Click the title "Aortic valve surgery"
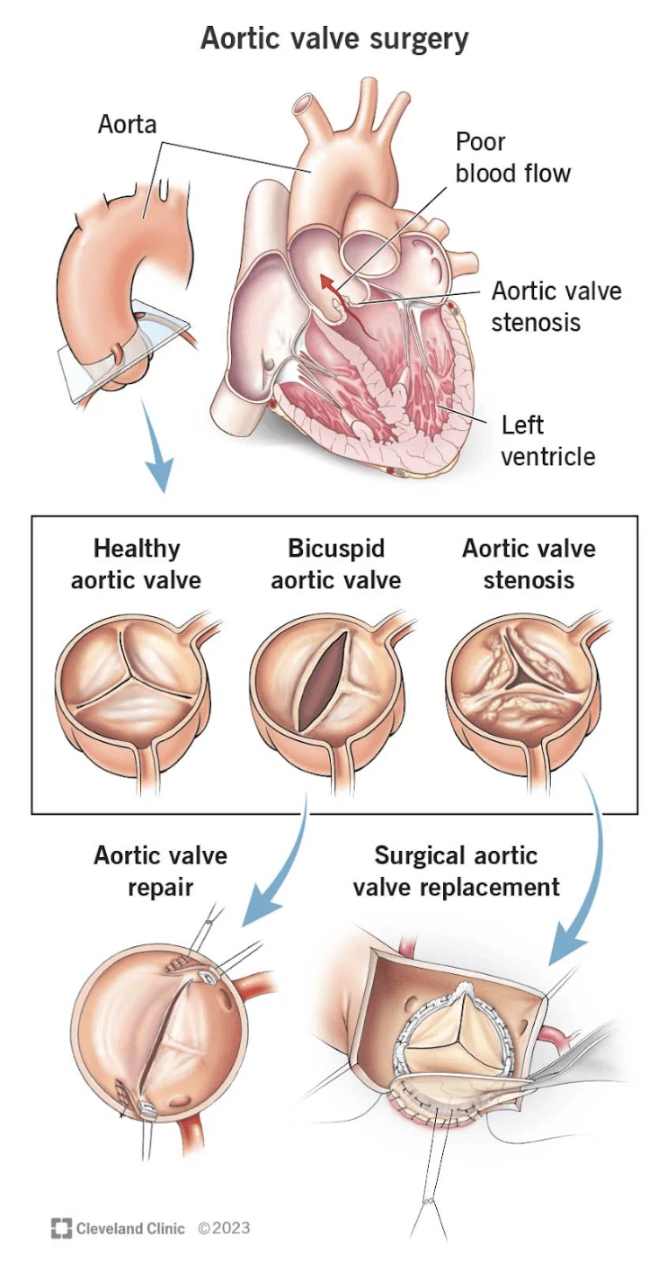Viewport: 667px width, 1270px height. [x=334, y=39]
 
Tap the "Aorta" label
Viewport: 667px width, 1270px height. [x=127, y=124]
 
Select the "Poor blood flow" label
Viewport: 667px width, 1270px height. [x=513, y=157]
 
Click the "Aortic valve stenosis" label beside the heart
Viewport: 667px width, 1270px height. [x=556, y=306]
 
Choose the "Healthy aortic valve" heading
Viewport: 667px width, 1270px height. [x=136, y=563]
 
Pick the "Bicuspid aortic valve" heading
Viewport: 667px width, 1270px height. [x=335, y=563]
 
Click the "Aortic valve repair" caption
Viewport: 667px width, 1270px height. [x=160, y=870]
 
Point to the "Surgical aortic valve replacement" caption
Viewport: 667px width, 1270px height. [x=456, y=870]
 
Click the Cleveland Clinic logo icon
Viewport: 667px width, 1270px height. [x=61, y=1228]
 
